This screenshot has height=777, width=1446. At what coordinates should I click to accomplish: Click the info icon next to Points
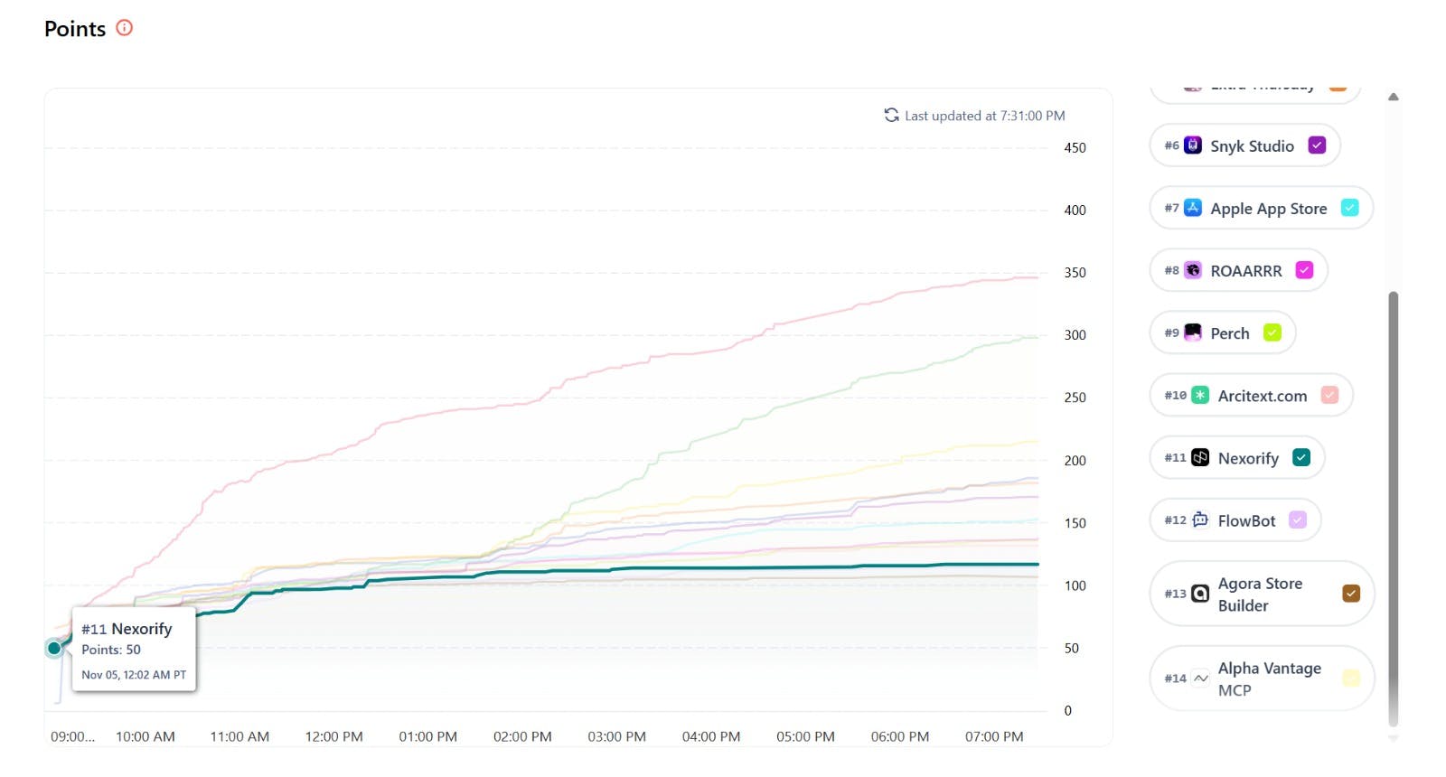(125, 28)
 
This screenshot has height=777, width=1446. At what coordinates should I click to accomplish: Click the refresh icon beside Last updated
(891, 116)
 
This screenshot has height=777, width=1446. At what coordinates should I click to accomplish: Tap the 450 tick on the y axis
(1075, 148)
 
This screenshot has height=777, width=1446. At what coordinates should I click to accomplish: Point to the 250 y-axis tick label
(1075, 398)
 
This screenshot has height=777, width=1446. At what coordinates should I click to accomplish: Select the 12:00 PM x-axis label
(333, 736)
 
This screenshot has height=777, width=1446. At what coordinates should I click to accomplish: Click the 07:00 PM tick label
(994, 736)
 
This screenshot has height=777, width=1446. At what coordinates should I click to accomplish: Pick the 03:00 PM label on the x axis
(616, 736)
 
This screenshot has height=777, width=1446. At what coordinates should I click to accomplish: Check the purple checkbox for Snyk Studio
(1317, 145)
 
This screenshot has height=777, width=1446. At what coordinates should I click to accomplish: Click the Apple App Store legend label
(1268, 209)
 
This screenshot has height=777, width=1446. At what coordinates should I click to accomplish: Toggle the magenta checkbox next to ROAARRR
(1304, 270)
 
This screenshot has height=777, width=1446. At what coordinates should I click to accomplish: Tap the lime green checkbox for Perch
(1272, 332)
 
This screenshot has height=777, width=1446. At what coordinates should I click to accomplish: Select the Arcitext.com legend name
(1262, 396)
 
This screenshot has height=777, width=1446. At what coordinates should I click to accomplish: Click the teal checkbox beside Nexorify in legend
(1301, 458)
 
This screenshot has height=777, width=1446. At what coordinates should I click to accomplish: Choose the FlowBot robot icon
(1200, 520)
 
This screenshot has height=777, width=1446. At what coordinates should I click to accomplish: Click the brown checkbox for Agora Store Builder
(1351, 594)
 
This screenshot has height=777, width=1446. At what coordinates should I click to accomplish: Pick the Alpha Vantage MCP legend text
(1269, 679)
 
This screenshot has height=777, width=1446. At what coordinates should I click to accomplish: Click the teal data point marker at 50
(54, 648)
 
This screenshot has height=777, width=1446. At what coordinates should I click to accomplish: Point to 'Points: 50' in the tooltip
(111, 650)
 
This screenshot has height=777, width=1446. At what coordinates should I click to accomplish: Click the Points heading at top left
(75, 29)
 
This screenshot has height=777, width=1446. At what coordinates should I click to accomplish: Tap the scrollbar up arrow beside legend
(1394, 97)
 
